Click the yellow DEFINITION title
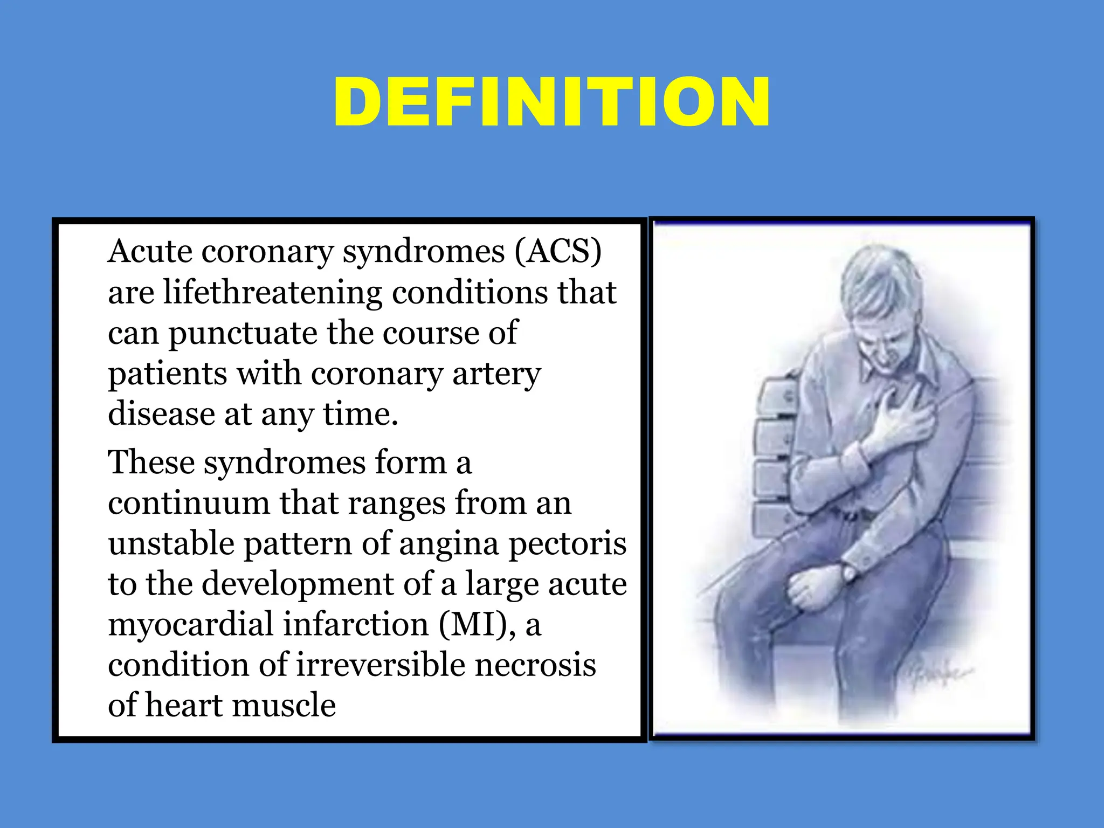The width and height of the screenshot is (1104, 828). point(551,102)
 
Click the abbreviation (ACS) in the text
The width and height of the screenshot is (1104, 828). point(557,252)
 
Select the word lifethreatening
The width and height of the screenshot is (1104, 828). point(272,293)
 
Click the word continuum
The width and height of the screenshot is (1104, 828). point(189,503)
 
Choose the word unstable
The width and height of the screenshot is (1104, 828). point(171,543)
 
